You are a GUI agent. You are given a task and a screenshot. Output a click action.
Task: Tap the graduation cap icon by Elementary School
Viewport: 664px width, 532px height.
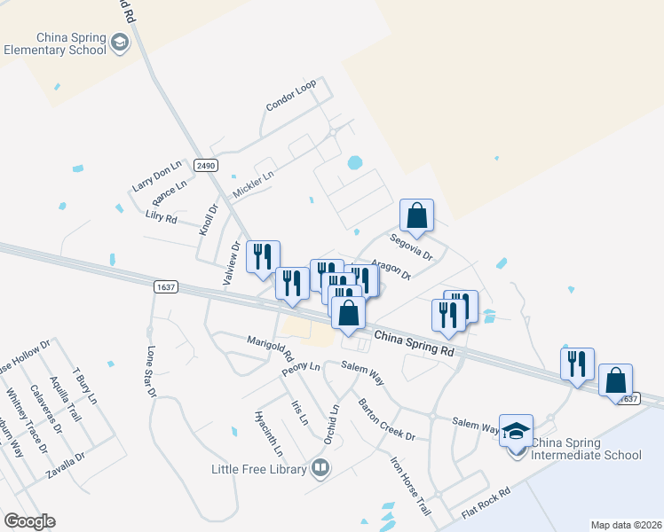pyautogui.click(x=119, y=43)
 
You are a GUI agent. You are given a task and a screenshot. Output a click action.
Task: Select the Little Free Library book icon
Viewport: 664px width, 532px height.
pyautogui.click(x=320, y=467)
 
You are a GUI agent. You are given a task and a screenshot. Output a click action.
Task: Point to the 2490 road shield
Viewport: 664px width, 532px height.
pyautogui.click(x=206, y=166)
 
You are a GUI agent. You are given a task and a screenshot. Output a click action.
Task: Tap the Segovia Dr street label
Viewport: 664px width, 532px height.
pyautogui.click(x=411, y=247)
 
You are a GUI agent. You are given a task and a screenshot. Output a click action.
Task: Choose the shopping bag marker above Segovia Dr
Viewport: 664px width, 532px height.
pyautogui.click(x=416, y=215)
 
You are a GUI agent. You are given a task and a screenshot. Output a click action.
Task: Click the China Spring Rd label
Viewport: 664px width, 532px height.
pyautogui.click(x=414, y=343)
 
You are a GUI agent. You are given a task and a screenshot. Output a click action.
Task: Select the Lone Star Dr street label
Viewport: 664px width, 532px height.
pyautogui.click(x=151, y=370)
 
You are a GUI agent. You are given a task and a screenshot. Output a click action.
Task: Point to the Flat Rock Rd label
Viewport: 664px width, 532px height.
pyautogui.click(x=486, y=503)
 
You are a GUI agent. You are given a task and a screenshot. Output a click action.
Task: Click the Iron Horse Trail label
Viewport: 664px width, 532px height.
pyautogui.click(x=409, y=482)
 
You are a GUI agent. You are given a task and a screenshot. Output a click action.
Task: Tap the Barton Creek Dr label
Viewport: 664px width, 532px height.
pyautogui.click(x=386, y=419)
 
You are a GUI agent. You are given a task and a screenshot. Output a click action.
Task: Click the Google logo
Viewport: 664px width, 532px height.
pyautogui.click(x=29, y=521)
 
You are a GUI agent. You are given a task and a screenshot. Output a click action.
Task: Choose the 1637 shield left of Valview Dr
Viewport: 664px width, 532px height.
pyautogui.click(x=165, y=286)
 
